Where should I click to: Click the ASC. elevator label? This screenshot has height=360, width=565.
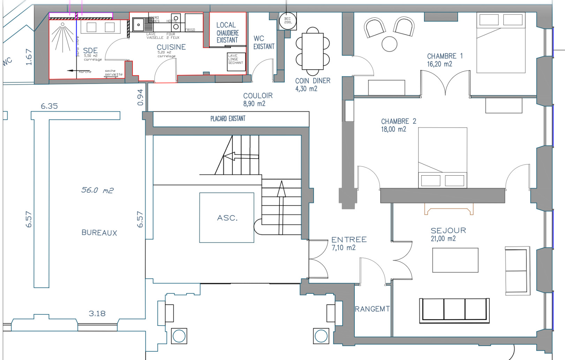click(x=227, y=218)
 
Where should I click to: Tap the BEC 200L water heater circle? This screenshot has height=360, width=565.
click(x=288, y=21)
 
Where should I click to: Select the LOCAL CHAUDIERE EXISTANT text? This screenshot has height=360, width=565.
click(x=227, y=32)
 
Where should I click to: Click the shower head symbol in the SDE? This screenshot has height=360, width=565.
click(x=63, y=24)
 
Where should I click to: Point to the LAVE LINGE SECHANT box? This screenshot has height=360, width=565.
click(x=236, y=62)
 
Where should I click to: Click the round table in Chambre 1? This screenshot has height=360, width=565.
click(x=389, y=44)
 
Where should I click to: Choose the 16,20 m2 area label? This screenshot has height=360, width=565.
click(x=439, y=64)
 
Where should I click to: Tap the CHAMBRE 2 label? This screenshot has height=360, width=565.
click(x=398, y=121)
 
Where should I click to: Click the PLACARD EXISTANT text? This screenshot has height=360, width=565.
click(x=228, y=118)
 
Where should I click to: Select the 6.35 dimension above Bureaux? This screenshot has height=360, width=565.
click(x=49, y=106)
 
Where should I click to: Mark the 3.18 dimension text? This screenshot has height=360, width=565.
click(x=97, y=313)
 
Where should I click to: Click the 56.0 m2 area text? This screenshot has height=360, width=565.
click(x=97, y=190)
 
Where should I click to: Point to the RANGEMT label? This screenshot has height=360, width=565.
click(x=372, y=309)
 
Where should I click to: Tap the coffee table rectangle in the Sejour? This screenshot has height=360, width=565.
click(x=455, y=260)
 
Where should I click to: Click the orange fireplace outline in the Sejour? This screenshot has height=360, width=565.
click(x=449, y=209)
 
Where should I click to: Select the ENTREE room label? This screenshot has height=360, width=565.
click(x=349, y=239)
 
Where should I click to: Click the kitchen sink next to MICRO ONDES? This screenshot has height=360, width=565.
click(x=138, y=25)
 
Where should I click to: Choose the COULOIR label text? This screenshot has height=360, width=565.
click(x=258, y=95)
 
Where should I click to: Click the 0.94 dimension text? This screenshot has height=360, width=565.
click(x=140, y=97)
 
